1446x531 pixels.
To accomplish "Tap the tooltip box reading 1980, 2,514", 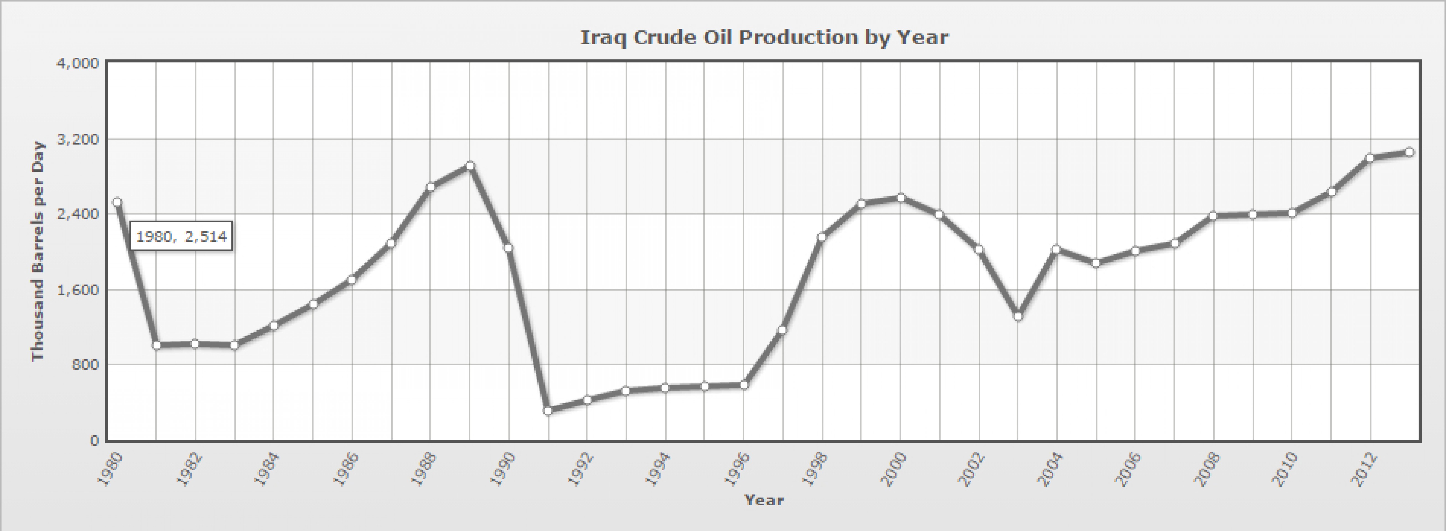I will pyautogui.click(x=181, y=236).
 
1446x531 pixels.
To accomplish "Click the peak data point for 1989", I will pyautogui.click(x=470, y=166).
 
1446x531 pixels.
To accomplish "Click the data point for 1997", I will pyautogui.click(x=782, y=330).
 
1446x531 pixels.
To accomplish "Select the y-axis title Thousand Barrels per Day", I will pyautogui.click(x=38, y=251).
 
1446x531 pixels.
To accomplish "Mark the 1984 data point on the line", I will pyautogui.click(x=273, y=326).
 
